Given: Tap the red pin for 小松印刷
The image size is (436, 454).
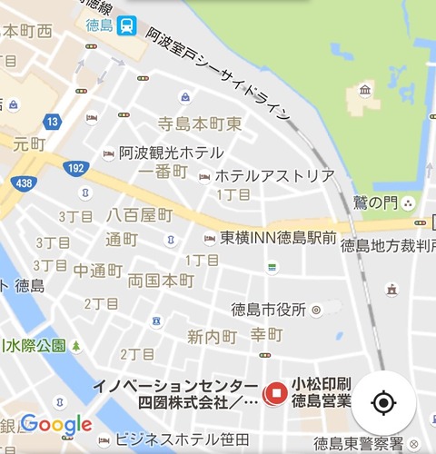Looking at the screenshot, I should click(274, 392).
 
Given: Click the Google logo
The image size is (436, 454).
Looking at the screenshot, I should click(56, 423).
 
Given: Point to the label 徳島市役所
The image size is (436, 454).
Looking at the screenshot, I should click(268, 310).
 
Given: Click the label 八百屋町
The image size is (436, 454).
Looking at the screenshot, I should click(139, 215).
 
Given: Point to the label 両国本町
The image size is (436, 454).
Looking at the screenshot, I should click(161, 280).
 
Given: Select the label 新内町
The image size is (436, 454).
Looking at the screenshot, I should click(212, 337).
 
